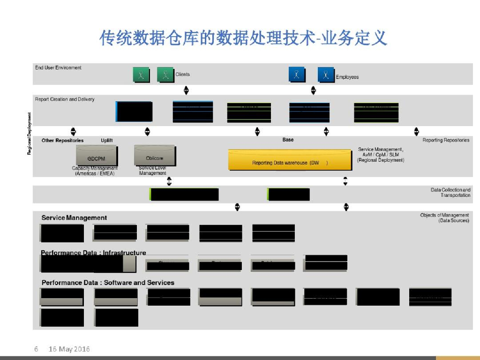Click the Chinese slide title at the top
(x=243, y=38)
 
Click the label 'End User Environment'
(x=58, y=68)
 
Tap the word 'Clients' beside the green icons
(x=183, y=74)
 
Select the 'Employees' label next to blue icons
(x=347, y=77)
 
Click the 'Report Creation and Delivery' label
(x=65, y=99)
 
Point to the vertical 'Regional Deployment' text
(x=29, y=134)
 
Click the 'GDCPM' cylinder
(x=96, y=157)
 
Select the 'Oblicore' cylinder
(x=155, y=157)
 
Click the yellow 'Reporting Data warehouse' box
(x=290, y=161)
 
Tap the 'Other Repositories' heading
(x=62, y=141)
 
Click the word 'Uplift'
(x=107, y=141)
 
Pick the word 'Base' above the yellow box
(x=288, y=140)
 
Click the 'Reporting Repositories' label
(x=446, y=140)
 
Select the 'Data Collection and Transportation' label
(x=450, y=192)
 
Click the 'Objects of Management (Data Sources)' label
(x=444, y=217)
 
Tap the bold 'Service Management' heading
(x=74, y=217)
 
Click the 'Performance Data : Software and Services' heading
(x=108, y=283)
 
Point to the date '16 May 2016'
(x=69, y=349)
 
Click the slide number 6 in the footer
(x=36, y=349)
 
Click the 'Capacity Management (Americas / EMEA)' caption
(x=95, y=171)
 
